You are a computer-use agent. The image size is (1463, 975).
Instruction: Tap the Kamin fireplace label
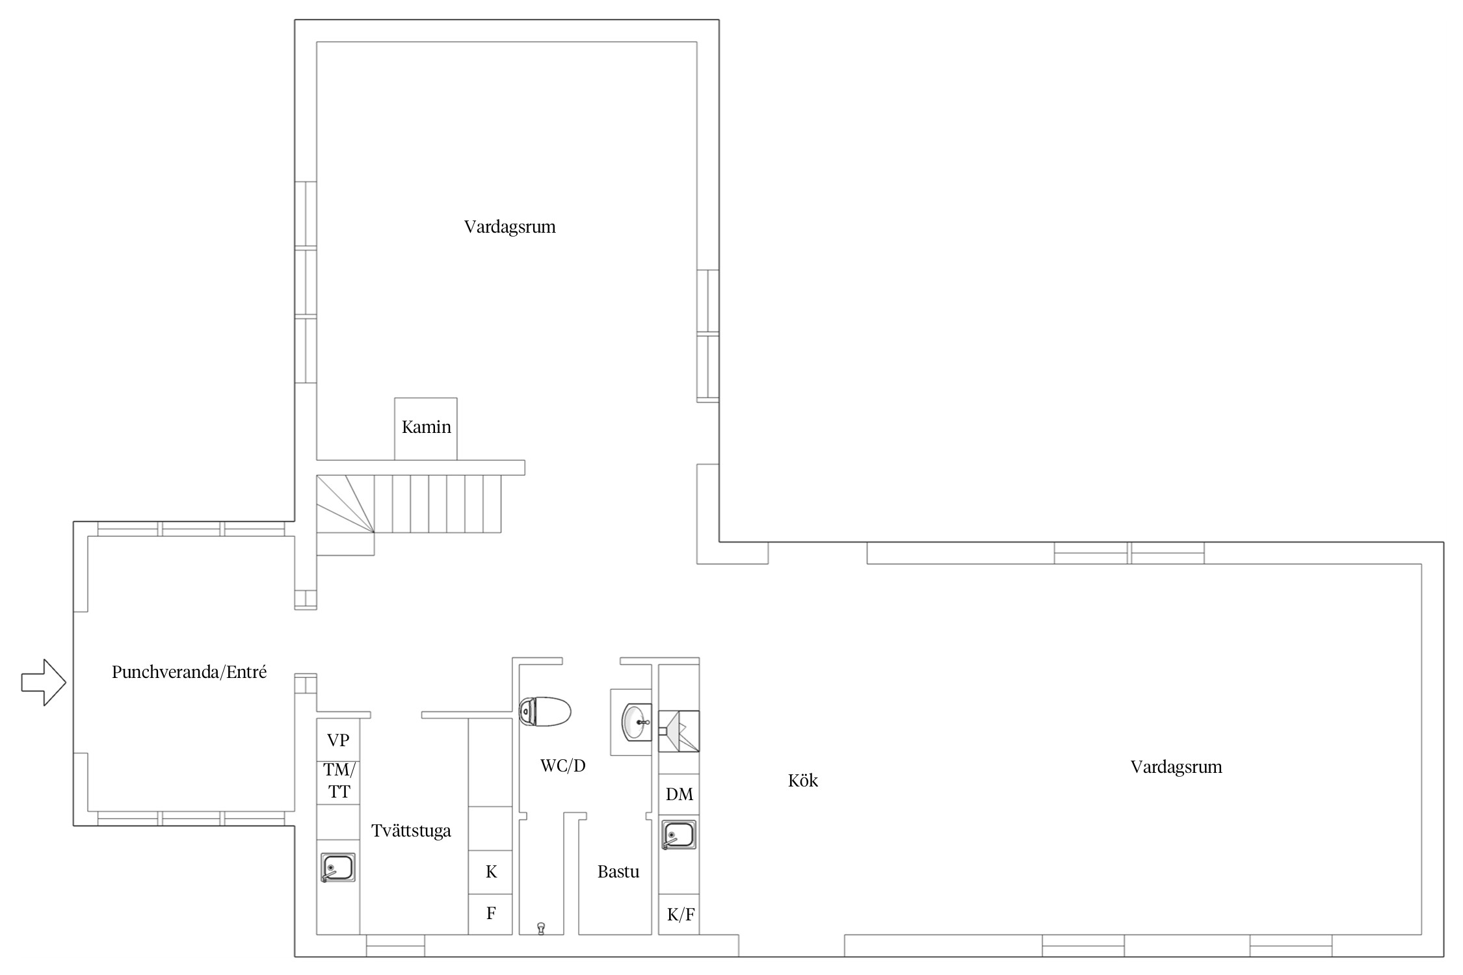(x=426, y=427)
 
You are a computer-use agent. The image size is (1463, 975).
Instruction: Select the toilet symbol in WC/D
(x=545, y=711)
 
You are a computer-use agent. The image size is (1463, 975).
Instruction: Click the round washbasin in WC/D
(x=637, y=721)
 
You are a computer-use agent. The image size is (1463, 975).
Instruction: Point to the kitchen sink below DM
(x=679, y=835)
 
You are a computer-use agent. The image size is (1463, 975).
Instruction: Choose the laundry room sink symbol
(x=338, y=867)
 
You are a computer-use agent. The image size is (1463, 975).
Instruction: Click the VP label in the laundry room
(x=338, y=740)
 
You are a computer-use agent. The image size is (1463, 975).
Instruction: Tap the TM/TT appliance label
(x=339, y=781)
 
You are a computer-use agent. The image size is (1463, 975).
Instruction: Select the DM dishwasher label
(x=679, y=794)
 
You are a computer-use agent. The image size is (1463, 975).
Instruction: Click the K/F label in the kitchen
(x=681, y=915)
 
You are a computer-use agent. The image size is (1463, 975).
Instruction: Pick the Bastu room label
(x=618, y=872)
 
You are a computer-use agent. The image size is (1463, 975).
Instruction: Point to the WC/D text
(x=563, y=766)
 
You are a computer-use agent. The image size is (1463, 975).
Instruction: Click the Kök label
(x=803, y=780)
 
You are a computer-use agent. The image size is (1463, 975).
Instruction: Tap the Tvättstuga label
(x=411, y=831)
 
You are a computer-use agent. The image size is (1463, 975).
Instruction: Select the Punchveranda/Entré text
(x=189, y=671)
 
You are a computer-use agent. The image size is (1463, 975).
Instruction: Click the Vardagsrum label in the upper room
(x=510, y=227)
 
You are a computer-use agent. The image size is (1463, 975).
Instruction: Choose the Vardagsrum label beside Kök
(x=1176, y=767)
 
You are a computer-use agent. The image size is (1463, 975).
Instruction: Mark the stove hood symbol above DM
(x=679, y=731)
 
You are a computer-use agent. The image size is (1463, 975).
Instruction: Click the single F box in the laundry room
(x=491, y=913)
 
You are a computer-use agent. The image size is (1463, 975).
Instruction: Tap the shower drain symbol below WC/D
(x=541, y=928)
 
